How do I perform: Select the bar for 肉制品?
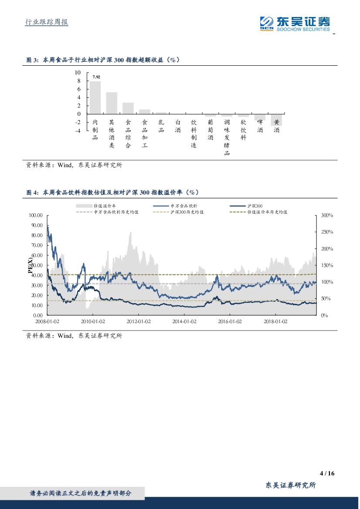tap(95, 98)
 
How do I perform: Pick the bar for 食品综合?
tap(128, 108)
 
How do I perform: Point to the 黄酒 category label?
tap(276, 126)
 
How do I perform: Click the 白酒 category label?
tap(178, 126)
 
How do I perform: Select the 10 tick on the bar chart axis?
tap(78, 73)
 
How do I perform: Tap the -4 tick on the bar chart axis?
tap(78, 131)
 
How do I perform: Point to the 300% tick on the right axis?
tap(327, 216)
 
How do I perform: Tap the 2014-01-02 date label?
tap(184, 321)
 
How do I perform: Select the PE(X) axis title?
tap(30, 266)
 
